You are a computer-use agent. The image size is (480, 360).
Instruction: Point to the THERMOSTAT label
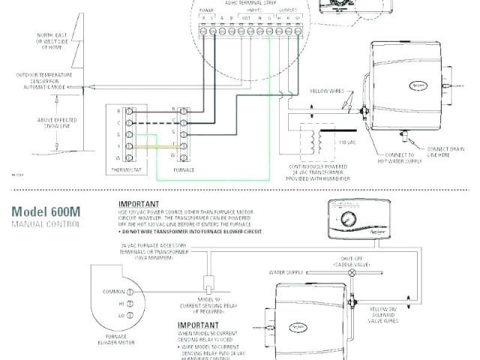tap(123, 169)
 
